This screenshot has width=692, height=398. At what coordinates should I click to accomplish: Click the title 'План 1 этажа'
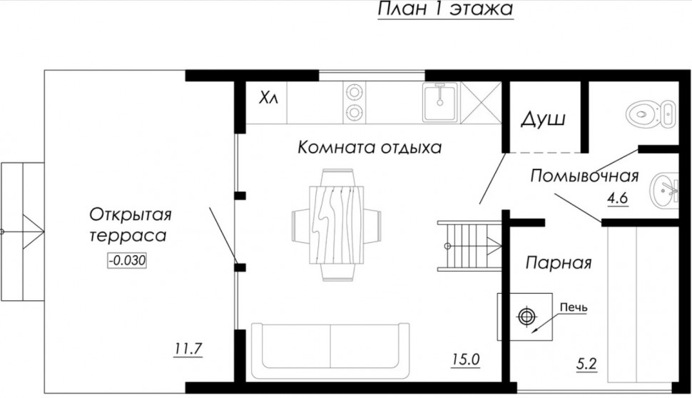pos(445,9)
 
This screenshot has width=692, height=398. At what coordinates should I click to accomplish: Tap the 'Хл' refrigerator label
pos(268,98)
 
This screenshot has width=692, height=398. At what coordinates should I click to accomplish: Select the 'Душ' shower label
pos(544,119)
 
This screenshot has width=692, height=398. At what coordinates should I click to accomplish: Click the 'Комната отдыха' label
pos(370,146)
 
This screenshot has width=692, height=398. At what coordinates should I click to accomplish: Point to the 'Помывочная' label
pos(584,176)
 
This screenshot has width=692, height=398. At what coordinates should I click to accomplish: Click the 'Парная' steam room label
pos(559,263)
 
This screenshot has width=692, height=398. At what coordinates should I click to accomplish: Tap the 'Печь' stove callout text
pos(574,307)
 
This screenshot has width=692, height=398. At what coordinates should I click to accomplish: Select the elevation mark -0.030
pos(127,261)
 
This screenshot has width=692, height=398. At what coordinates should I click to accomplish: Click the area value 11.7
pos(188,349)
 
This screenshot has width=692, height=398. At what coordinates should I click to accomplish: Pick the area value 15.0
pos(465,359)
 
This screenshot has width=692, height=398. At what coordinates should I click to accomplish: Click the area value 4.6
pos(617,198)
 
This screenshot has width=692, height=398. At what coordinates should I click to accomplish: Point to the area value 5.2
pos(586,364)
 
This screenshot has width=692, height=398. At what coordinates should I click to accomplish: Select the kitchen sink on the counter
pos(440,102)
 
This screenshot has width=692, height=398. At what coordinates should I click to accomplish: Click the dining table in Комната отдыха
pos(336,225)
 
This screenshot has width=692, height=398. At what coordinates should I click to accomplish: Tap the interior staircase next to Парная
pos(469,246)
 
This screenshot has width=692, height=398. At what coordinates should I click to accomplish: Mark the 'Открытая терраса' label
pos(130,224)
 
